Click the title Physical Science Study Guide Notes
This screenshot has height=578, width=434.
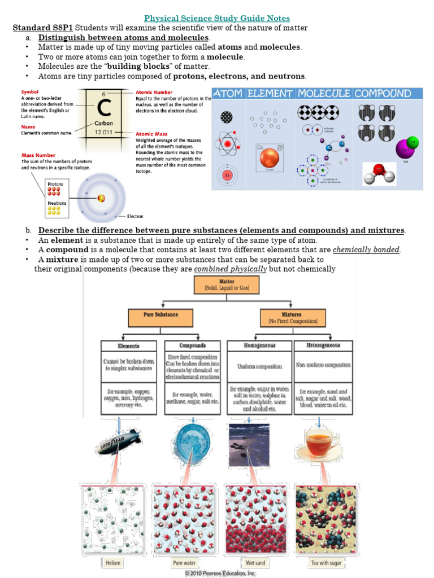coord(217,19)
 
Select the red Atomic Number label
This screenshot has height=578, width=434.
coord(154,92)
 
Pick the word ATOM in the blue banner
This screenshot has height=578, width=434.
coord(228,94)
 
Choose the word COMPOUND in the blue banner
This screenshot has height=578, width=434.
coord(383,94)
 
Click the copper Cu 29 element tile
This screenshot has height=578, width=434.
coord(269,157)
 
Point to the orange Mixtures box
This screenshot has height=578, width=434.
coord(291,317)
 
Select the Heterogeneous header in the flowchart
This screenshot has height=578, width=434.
coord(323,345)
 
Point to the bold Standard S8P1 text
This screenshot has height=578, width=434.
coord(44,28)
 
